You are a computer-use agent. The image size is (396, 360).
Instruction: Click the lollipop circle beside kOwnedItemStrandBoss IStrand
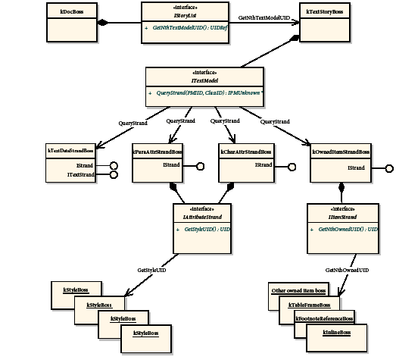[390, 168]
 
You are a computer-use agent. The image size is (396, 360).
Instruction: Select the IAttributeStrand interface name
[202, 216]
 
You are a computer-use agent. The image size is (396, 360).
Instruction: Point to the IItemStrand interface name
[342, 216]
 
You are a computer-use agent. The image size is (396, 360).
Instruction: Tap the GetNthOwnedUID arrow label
[347, 269]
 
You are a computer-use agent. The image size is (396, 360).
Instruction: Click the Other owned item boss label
[299, 290]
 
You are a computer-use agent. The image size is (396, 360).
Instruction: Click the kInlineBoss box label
[337, 332]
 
